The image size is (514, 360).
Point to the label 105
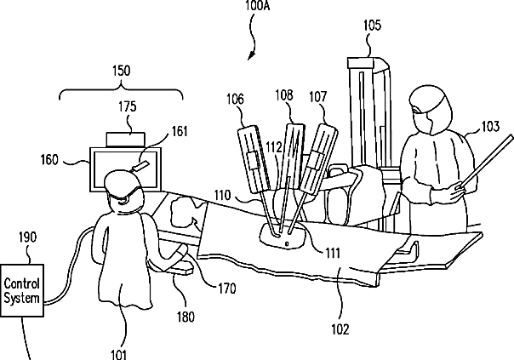pyautogui.click(x=371, y=26)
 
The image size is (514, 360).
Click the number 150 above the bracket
pyautogui.click(x=120, y=71)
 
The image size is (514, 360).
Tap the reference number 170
pyautogui.click(x=226, y=287)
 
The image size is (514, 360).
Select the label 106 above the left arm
pyautogui.click(x=235, y=100)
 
